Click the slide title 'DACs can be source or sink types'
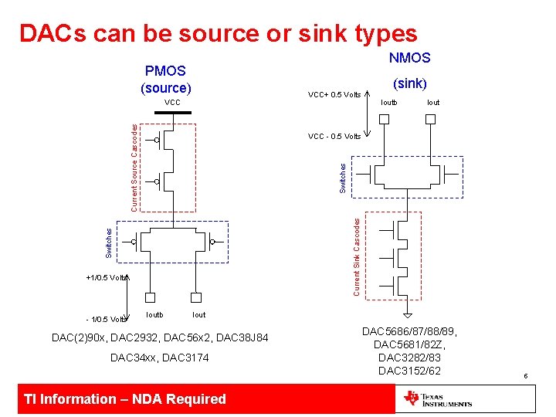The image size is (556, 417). click(x=218, y=33)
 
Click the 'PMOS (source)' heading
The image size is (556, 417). click(x=165, y=79)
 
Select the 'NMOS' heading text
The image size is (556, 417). click(x=409, y=58)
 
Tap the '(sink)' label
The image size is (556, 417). click(x=409, y=83)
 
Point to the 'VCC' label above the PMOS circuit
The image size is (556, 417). click(x=172, y=103)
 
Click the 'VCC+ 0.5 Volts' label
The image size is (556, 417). click(x=334, y=95)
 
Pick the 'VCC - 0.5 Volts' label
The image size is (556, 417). click(x=334, y=137)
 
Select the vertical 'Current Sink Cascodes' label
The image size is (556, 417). click(x=357, y=256)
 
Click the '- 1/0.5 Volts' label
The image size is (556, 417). click(x=105, y=319)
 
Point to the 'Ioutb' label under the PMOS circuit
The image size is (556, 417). click(x=154, y=314)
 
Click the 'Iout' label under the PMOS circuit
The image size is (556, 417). click(x=198, y=314)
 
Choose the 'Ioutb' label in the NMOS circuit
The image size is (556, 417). click(x=388, y=102)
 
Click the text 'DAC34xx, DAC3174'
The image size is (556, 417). click(x=159, y=358)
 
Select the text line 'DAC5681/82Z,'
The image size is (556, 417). click(x=409, y=344)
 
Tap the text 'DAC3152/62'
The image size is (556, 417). click(x=409, y=371)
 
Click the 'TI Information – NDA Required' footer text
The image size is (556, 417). click(x=125, y=399)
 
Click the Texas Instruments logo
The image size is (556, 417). click(x=437, y=399)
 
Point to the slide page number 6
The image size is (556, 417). click(x=524, y=376)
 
